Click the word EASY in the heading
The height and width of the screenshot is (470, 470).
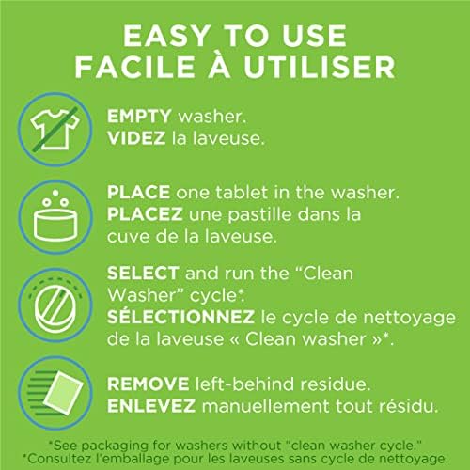(166, 36)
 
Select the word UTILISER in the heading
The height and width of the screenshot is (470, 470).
(320, 67)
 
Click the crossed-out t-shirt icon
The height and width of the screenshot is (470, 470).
(55, 130)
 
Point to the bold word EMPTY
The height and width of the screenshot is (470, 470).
(139, 117)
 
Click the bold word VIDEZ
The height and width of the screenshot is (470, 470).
(136, 138)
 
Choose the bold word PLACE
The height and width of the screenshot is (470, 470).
(138, 192)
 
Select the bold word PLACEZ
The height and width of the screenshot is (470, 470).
(145, 214)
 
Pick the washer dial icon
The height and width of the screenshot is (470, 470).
(55, 305)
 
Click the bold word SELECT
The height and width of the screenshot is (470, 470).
(143, 273)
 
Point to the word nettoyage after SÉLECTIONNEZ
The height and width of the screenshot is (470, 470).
(409, 319)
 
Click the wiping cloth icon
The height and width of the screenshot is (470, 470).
(55, 393)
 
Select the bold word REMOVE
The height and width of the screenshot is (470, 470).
(148, 384)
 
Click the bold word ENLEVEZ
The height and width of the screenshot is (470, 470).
(151, 406)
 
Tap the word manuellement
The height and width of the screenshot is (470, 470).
(266, 406)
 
